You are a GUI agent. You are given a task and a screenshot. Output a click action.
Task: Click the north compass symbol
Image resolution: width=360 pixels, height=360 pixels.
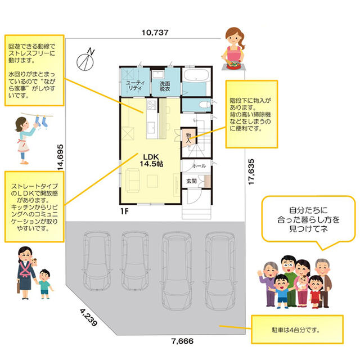pyautogui.click(x=85, y=61)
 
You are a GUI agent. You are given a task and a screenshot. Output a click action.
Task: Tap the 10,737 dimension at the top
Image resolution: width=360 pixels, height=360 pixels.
pyautogui.click(x=155, y=33)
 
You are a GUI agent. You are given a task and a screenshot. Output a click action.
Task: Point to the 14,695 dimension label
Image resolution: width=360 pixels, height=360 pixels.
pyautogui.click(x=60, y=157)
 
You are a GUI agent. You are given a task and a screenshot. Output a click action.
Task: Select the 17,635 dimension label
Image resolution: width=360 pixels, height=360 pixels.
pyautogui.click(x=251, y=172)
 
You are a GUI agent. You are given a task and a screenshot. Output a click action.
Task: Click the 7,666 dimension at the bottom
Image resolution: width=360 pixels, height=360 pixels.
pyautogui.click(x=182, y=341)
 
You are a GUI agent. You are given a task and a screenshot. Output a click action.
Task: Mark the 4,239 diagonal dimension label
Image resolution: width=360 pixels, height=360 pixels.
pyautogui.click(x=89, y=317)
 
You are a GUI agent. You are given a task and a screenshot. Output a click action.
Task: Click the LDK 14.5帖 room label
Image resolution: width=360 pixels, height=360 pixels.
pyautogui.click(x=151, y=160)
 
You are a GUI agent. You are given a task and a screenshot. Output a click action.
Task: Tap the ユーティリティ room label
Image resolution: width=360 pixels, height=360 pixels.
pyautogui.click(x=135, y=85)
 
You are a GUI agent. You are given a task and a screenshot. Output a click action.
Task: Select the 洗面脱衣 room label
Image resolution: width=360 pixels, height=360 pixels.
pyautogui.click(x=165, y=86)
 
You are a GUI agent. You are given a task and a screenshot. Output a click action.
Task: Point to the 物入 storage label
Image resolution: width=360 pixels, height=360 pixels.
pyautogui.click(x=188, y=138)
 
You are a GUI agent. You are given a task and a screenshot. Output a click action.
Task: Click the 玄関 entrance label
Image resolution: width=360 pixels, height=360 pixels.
pyautogui.click(x=191, y=181)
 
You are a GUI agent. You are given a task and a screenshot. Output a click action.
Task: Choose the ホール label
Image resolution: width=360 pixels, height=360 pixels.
pyautogui.click(x=199, y=166)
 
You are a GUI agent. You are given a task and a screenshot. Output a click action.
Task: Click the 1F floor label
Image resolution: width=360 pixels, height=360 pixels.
pyautogui.click(x=124, y=211)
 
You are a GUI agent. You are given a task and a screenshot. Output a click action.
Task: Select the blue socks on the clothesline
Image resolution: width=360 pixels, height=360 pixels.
pyautogui.click(x=41, y=121)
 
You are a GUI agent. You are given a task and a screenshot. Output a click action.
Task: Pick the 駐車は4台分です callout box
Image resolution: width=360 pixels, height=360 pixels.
pyautogui.click(x=298, y=330)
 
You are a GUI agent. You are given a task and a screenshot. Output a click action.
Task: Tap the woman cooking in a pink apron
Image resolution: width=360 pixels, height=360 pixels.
pyautogui.click(x=234, y=48)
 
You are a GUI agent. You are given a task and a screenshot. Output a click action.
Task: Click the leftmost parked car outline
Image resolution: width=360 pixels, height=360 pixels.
pyautogui.click(x=97, y=260)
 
